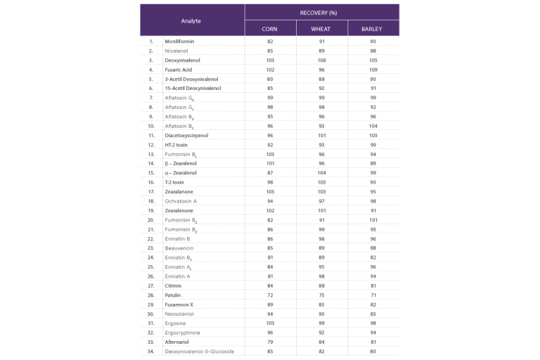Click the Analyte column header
191,21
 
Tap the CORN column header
269,29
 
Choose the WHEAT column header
321,29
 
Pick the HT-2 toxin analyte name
176,143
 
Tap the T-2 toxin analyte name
174,181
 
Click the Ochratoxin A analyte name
181,200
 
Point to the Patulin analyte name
172,294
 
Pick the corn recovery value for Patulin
269,294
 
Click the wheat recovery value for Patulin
321,294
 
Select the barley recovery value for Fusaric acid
373,70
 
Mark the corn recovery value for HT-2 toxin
269,143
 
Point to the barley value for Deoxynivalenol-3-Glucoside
373,350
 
